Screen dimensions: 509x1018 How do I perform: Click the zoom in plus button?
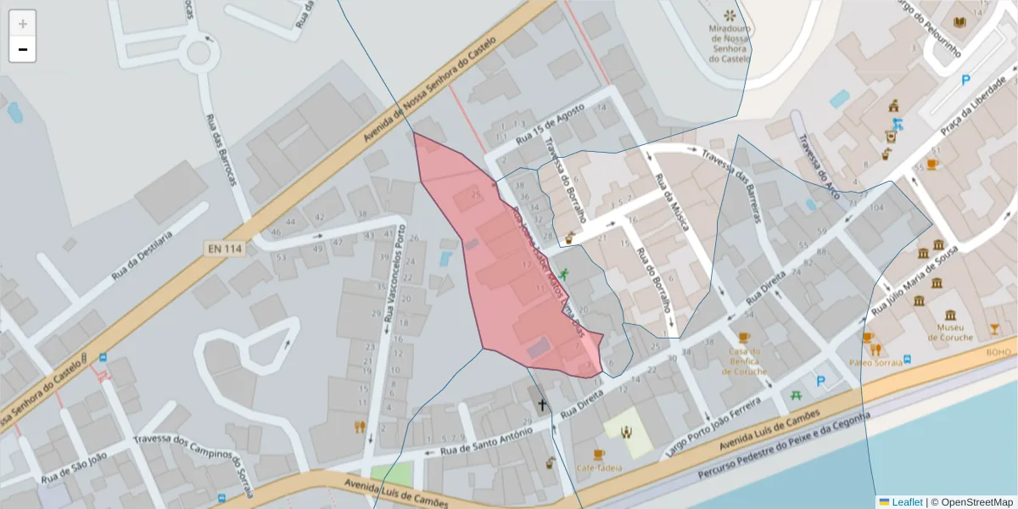coord(23,24)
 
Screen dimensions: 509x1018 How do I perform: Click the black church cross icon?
coord(541,405)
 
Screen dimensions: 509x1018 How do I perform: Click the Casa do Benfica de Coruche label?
coord(747,361)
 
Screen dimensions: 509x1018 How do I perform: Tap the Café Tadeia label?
coord(599,467)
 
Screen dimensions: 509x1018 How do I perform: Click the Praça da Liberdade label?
coord(971,117)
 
